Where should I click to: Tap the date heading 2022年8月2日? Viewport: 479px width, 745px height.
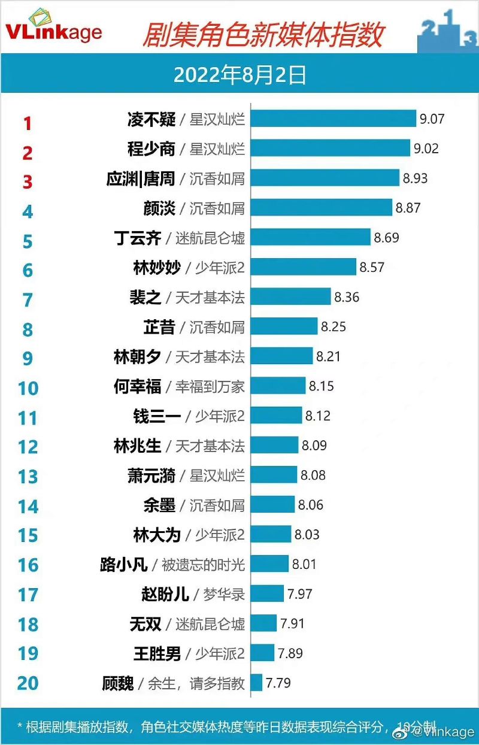pyautogui.click(x=239, y=75)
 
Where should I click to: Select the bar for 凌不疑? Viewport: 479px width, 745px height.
pyautogui.click(x=333, y=119)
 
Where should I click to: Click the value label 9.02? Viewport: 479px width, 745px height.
pyautogui.click(x=426, y=148)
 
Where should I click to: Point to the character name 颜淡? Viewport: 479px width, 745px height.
pyautogui.click(x=159, y=208)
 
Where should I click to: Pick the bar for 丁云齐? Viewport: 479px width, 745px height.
pyautogui.click(x=310, y=237)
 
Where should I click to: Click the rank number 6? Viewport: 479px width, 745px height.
pyautogui.click(x=28, y=270)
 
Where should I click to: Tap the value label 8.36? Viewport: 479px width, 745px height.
pyautogui.click(x=347, y=297)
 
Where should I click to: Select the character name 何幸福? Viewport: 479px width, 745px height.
pyautogui.click(x=137, y=386)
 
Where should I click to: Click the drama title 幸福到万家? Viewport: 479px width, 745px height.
pyautogui.click(x=210, y=386)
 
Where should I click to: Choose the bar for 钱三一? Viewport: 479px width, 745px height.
pyautogui.click(x=276, y=416)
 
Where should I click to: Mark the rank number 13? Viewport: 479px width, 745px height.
pyautogui.click(x=28, y=477)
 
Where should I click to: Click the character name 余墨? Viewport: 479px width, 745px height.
pyautogui.click(x=159, y=505)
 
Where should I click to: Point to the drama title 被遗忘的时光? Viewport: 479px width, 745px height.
pyautogui.click(x=203, y=564)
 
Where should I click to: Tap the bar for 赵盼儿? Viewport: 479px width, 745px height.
pyautogui.click(x=267, y=594)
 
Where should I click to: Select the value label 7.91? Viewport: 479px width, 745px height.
pyautogui.click(x=292, y=623)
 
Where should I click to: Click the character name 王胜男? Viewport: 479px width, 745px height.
pyautogui.click(x=157, y=653)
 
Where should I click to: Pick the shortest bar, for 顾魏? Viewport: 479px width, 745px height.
pyautogui.click(x=256, y=683)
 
